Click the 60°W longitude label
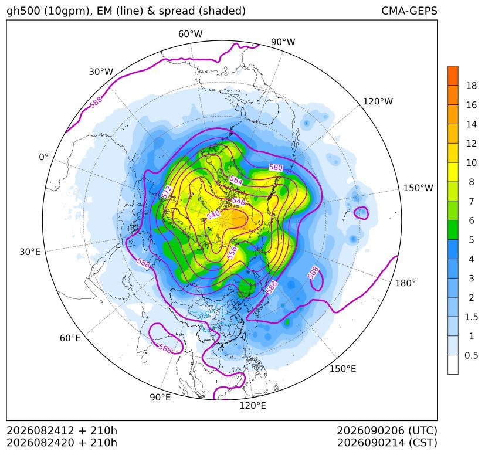[x=190, y=34]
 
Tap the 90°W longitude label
[x=283, y=42]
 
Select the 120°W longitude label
[x=378, y=101]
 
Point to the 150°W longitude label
[x=418, y=188]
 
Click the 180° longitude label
[x=405, y=283]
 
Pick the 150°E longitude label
[x=342, y=369]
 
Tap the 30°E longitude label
[x=30, y=252]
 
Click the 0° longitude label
[x=43, y=157]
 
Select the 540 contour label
[x=213, y=215]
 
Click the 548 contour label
[x=239, y=201]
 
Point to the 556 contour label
[x=232, y=253]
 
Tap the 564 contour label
[x=236, y=181]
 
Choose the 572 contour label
[x=167, y=192]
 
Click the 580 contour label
[x=276, y=167]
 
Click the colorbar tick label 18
[x=472, y=86]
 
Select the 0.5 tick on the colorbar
[x=471, y=355]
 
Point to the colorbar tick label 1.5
[x=471, y=317]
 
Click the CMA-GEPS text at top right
[x=409, y=11]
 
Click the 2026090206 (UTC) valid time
[x=387, y=430]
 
